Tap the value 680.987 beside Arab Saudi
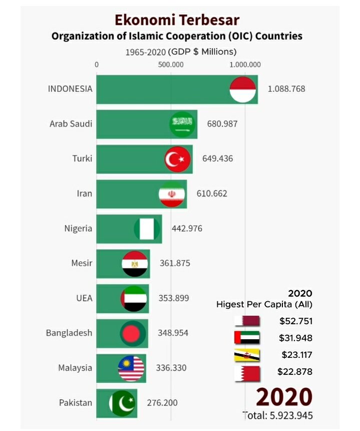[222, 124]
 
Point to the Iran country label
[85, 193]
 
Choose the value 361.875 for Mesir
[175, 263]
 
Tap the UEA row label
[84, 298]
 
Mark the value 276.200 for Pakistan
[162, 402]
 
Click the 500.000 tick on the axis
[171, 65]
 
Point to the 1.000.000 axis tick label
[245, 65]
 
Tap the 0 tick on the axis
[97, 65]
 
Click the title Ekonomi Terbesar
[177, 20]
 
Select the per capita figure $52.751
[296, 321]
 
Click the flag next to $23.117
[247, 355]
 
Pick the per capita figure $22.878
[295, 372]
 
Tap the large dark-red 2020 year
[284, 396]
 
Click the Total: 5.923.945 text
[278, 415]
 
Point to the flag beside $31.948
[247, 338]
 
